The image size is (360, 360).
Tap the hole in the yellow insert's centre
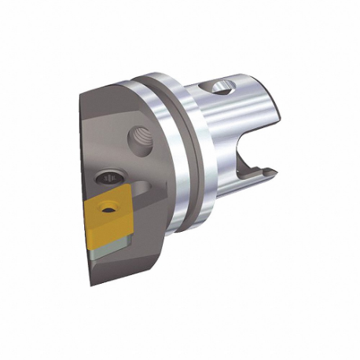(x=107, y=208)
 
